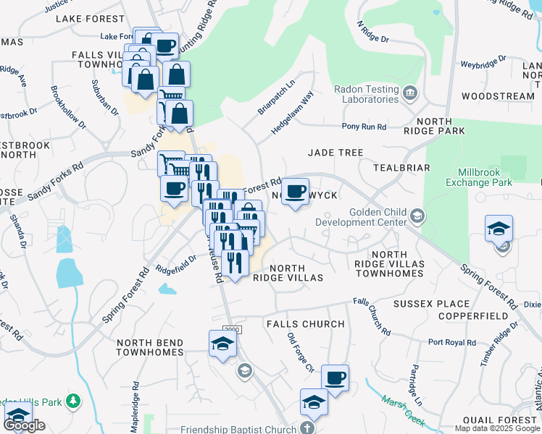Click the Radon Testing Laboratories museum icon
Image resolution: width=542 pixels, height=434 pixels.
pyautogui.click(x=409, y=93)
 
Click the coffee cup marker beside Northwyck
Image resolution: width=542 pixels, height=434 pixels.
pyautogui.click(x=295, y=192)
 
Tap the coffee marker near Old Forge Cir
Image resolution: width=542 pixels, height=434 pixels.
pyautogui.click(x=335, y=378)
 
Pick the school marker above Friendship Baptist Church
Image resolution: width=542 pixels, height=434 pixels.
pyautogui.click(x=314, y=401)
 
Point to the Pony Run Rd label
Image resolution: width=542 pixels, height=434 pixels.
pyautogui.click(x=364, y=127)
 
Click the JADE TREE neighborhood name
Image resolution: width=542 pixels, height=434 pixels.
pyautogui.click(x=335, y=153)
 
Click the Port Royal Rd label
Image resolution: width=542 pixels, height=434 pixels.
pyautogui.click(x=451, y=342)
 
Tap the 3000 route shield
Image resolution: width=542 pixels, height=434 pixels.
pyautogui.click(x=230, y=330)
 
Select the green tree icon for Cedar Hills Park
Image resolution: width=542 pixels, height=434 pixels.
pyautogui.click(x=72, y=400)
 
